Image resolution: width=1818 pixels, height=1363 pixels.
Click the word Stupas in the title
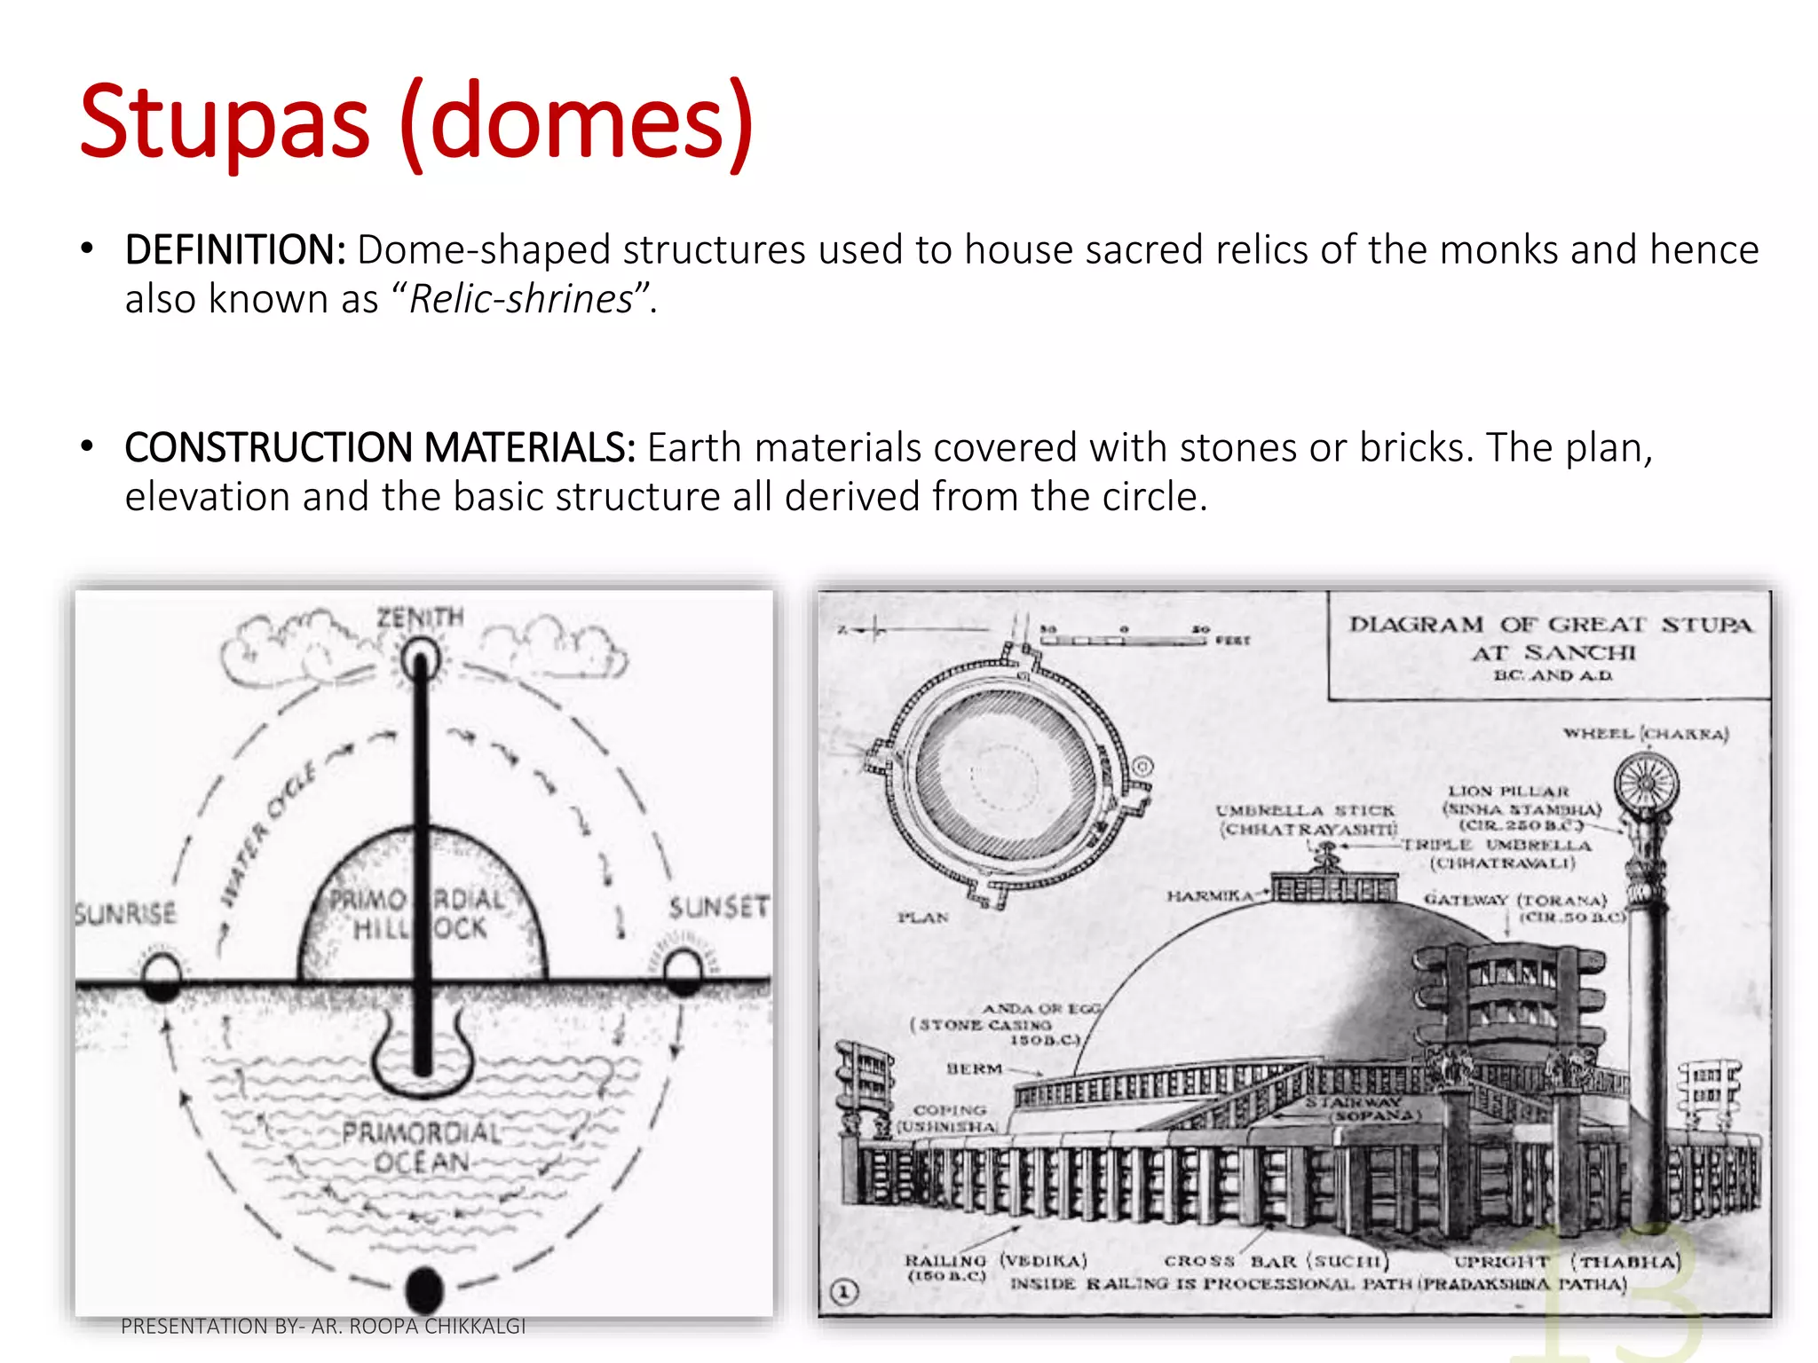point(224,122)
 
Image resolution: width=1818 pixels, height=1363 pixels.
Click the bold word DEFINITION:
point(235,250)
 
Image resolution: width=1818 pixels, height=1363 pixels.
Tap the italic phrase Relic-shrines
point(521,300)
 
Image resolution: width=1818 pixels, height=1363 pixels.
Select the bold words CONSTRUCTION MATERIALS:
point(380,448)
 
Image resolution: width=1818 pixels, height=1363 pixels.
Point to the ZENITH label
point(420,618)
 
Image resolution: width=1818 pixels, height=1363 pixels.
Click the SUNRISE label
point(125,913)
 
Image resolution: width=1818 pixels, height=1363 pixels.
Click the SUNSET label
point(718,908)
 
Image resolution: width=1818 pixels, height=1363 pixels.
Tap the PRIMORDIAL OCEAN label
point(422,1147)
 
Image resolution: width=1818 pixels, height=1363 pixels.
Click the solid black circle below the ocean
point(423,1288)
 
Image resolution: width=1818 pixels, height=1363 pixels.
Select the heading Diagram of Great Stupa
point(1551,638)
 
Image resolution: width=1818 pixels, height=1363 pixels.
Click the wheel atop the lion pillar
point(1647,784)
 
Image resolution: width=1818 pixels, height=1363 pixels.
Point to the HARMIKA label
point(1209,896)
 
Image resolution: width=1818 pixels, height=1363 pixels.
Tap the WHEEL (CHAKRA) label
point(1646,734)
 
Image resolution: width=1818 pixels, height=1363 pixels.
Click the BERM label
point(974,1068)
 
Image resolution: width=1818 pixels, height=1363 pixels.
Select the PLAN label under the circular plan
point(922,917)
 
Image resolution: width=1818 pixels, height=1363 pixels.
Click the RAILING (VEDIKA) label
point(995,1261)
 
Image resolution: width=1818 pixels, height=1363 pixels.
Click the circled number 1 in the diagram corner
point(845,1292)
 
